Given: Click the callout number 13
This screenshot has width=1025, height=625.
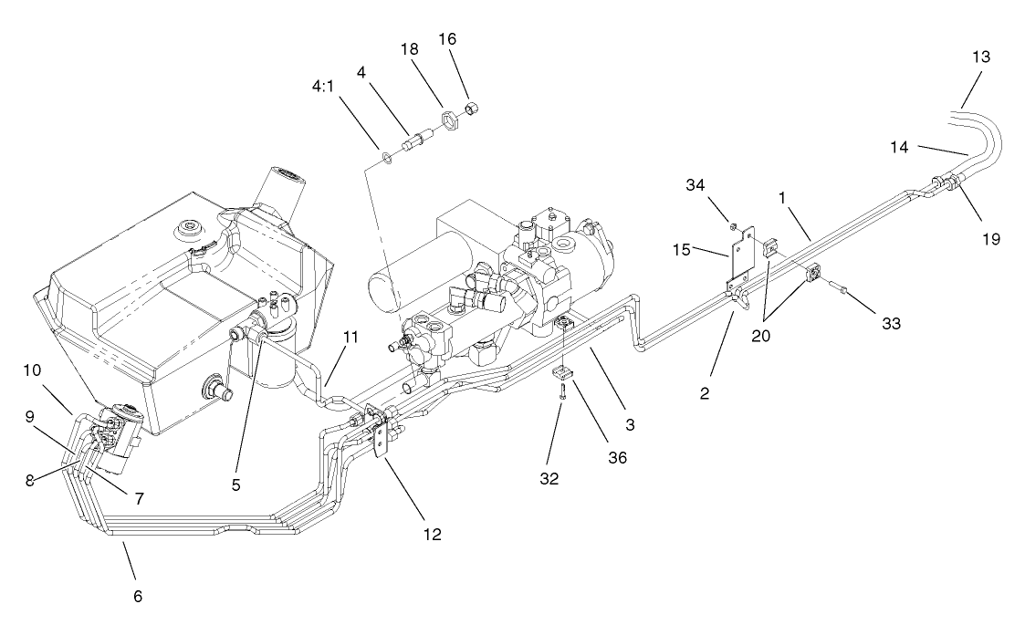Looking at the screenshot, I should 981,57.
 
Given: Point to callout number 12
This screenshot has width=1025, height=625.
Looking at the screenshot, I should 432,535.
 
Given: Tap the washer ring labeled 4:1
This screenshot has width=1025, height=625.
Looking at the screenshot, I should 387,157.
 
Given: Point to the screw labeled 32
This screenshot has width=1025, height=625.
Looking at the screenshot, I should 564,393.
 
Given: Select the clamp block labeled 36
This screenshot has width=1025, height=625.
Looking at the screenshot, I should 563,371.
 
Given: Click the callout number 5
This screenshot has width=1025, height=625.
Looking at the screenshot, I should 235,485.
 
